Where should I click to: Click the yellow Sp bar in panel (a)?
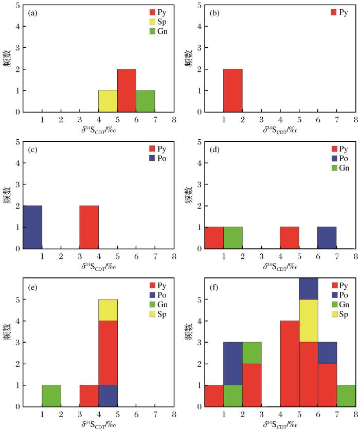[107, 101]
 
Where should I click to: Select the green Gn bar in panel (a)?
[146, 101]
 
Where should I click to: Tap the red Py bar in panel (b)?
[232, 90]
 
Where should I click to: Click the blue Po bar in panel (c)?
[32, 227]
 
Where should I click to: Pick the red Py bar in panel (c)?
[88, 227]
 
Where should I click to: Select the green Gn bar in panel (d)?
[232, 238]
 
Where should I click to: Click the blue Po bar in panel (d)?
[327, 238]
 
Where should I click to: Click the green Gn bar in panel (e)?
[51, 396]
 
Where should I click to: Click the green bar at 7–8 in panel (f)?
[346, 396]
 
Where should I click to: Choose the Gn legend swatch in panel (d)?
[335, 167]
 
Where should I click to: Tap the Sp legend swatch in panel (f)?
[335, 313]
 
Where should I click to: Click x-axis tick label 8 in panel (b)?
[355, 120]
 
